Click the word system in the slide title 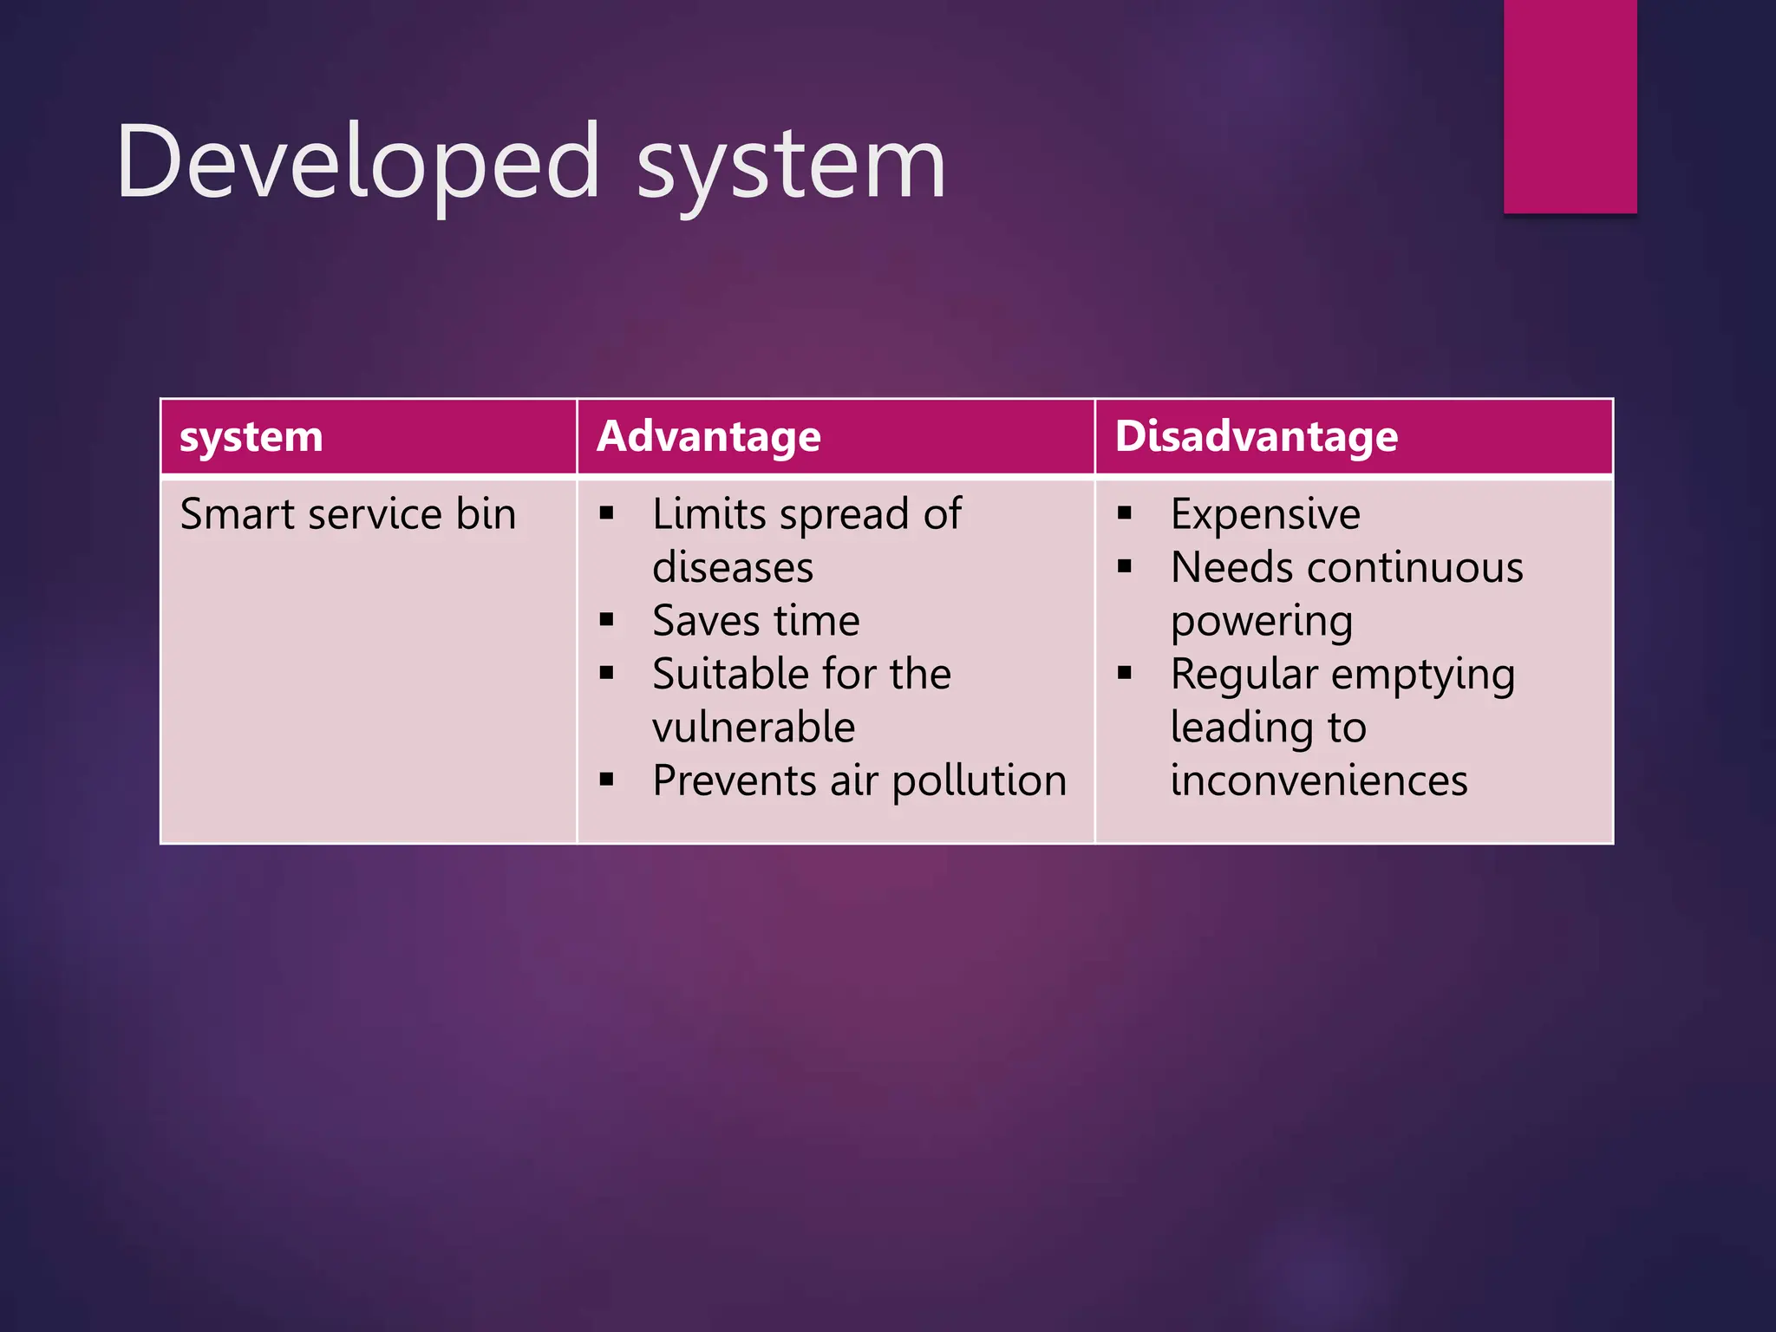click(791, 165)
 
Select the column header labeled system click(251, 436)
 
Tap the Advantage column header click(708, 436)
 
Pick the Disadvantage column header click(1257, 436)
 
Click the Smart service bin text click(348, 514)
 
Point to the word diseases click(733, 568)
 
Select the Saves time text click(755, 621)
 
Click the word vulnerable click(754, 727)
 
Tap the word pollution click(979, 780)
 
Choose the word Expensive click(1265, 514)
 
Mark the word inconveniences click(1319, 780)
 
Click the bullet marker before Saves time click(606, 620)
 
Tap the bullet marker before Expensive click(1125, 513)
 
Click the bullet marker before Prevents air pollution click(606, 780)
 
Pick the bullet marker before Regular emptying click(1125, 673)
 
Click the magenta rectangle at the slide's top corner click(1570, 106)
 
